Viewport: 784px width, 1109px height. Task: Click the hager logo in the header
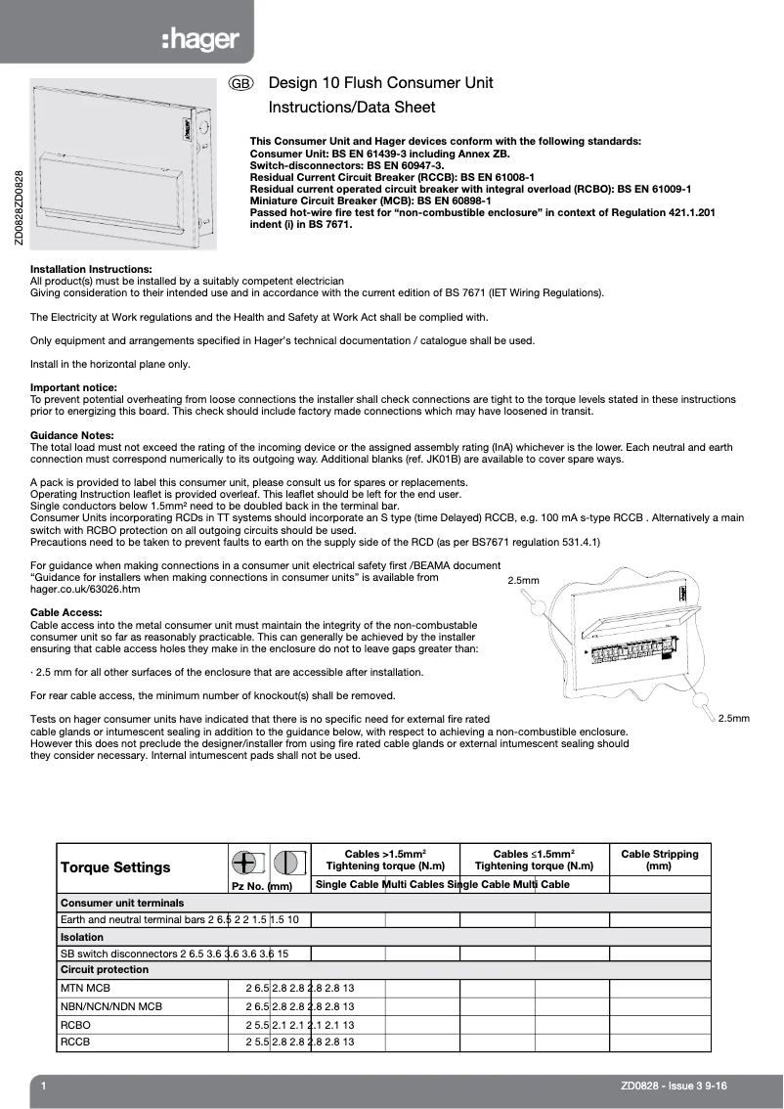[200, 40]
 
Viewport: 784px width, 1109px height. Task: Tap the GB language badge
[241, 84]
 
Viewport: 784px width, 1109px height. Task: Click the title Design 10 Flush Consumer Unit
[380, 83]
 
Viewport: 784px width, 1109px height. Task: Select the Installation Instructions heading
[91, 269]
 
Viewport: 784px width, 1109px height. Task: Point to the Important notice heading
[73, 388]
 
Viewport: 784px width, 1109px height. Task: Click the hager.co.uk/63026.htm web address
[85, 590]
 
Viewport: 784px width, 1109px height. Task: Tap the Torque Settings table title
[115, 867]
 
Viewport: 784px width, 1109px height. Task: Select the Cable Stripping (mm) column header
[660, 860]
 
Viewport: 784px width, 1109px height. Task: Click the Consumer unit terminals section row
[122, 903]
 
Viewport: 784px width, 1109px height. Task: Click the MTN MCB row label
[85, 989]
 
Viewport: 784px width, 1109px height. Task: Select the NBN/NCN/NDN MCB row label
[110, 1006]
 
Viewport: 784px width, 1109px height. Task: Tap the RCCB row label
[75, 1042]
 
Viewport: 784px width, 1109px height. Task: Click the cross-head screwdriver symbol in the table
[245, 862]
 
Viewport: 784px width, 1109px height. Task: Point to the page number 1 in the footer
[44, 1087]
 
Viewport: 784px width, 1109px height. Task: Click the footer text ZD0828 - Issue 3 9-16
[674, 1087]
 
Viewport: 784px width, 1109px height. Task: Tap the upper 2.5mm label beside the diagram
[524, 581]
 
